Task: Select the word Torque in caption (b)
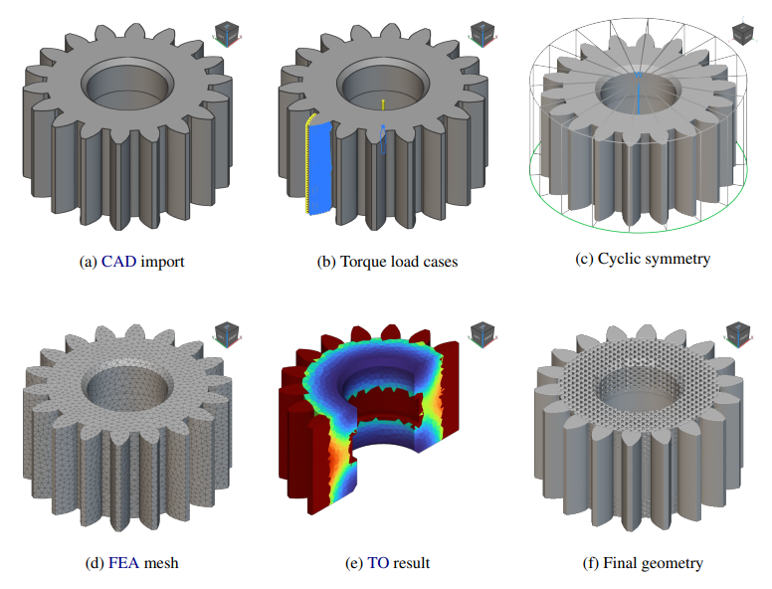[x=363, y=262]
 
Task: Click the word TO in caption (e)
[x=378, y=563]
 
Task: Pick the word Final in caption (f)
[x=620, y=563]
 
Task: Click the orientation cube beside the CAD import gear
[x=226, y=32]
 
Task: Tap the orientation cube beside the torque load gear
[x=482, y=32]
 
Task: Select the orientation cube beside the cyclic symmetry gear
[x=740, y=32]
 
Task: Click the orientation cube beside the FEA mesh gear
[x=226, y=332]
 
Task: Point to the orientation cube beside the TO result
[x=482, y=332]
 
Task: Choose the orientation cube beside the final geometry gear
[x=740, y=332]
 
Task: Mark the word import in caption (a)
[x=162, y=262]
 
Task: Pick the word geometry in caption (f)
[x=672, y=563]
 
